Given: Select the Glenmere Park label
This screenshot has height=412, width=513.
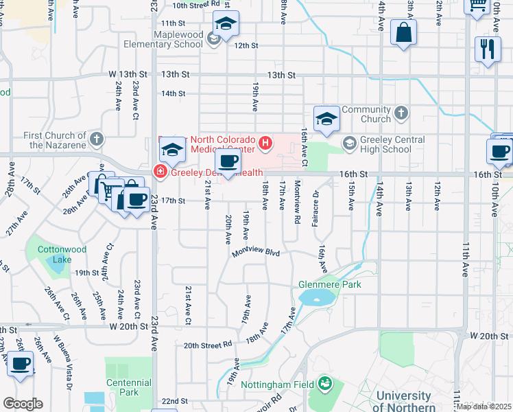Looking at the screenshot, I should tap(329, 284).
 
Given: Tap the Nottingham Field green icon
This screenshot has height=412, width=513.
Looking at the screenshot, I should tap(324, 384).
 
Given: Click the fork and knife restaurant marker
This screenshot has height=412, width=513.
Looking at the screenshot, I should tap(488, 49).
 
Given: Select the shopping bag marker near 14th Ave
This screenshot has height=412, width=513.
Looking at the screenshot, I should tap(404, 32).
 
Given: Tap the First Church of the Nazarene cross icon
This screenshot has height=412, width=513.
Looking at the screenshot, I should tap(97, 139).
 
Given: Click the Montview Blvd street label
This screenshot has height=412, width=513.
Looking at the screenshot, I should tap(256, 253).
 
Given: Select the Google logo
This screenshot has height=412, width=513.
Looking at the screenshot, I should tap(23, 403).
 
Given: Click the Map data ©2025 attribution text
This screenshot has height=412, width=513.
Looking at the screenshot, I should tap(483, 407).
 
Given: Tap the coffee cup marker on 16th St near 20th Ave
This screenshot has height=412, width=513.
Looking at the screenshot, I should tap(228, 162).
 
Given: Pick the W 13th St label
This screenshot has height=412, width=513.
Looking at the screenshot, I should tap(123, 74).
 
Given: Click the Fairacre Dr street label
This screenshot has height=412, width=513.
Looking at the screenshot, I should tap(316, 206).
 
